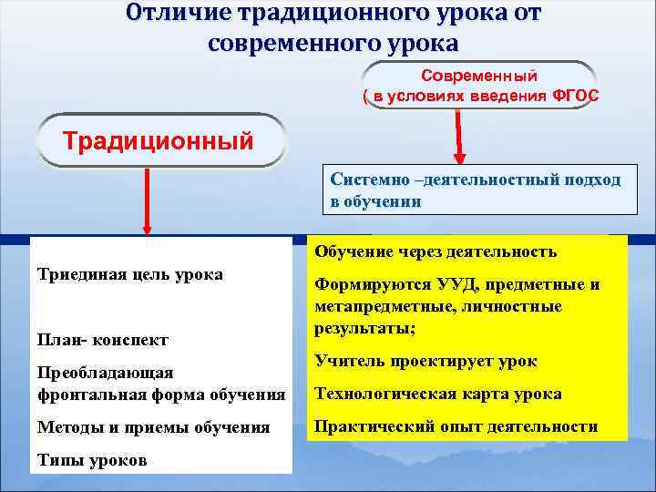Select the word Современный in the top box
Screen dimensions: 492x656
pos(478,76)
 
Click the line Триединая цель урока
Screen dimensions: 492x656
pos(129,274)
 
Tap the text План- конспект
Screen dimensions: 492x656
pos(102,340)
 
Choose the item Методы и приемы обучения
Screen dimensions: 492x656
pos(153,426)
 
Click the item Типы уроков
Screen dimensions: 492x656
pos(91,460)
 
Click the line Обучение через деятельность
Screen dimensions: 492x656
pos(435,251)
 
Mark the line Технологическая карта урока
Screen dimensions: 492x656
pos(437,394)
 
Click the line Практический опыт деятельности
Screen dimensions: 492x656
pos(456,426)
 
